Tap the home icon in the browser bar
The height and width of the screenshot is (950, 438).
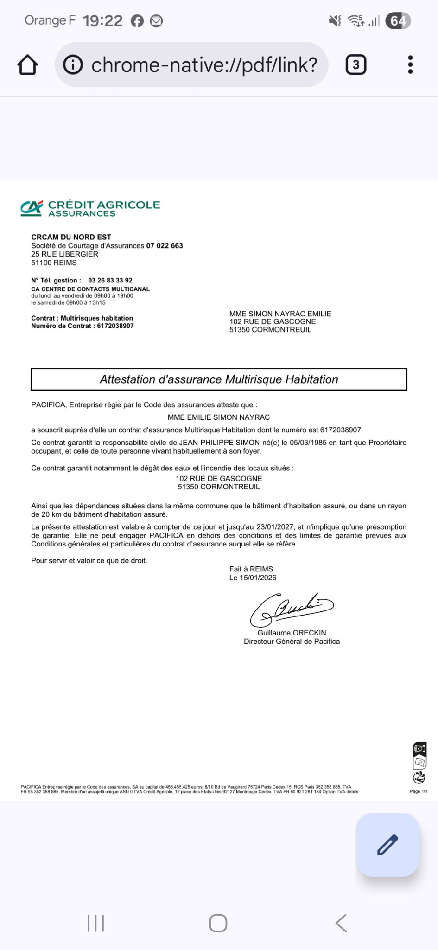click(x=27, y=65)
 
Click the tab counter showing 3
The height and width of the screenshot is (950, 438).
click(x=356, y=64)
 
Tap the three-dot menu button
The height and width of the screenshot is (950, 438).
click(x=410, y=64)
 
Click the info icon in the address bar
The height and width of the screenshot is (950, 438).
click(x=73, y=64)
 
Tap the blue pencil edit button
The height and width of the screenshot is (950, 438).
click(x=387, y=845)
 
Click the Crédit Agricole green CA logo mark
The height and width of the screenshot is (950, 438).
click(x=32, y=208)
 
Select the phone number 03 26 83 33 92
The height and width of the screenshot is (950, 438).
click(x=110, y=280)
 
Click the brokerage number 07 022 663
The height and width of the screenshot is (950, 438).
click(x=165, y=245)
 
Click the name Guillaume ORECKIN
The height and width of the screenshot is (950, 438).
click(x=292, y=633)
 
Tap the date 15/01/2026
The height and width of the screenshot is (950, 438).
click(x=258, y=578)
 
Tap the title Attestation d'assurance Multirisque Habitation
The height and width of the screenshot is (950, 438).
click(x=219, y=379)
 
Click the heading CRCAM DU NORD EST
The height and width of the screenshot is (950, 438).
click(x=71, y=237)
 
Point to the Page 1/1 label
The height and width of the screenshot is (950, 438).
click(x=418, y=791)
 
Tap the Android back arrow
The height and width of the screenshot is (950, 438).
click(x=341, y=923)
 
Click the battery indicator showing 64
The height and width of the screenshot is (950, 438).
click(x=398, y=21)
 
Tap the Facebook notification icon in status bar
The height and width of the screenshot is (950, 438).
click(x=137, y=21)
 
